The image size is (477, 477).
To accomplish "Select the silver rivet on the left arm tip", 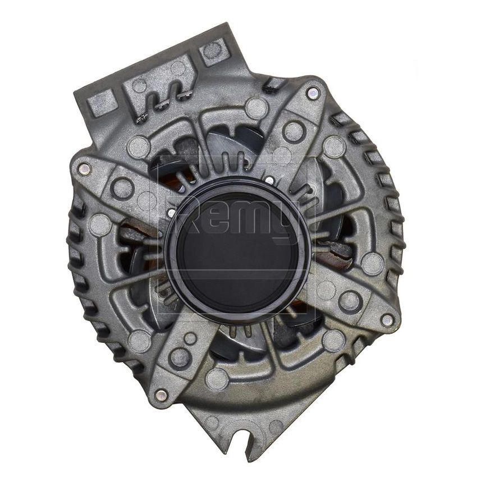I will coord(84,167).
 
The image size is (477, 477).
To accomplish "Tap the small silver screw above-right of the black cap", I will coord(269,181).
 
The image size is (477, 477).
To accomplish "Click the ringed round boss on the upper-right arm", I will coord(294,131).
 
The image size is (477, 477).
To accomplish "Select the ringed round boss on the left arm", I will coord(122,187).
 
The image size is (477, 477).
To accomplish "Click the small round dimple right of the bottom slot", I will coord(274,426).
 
